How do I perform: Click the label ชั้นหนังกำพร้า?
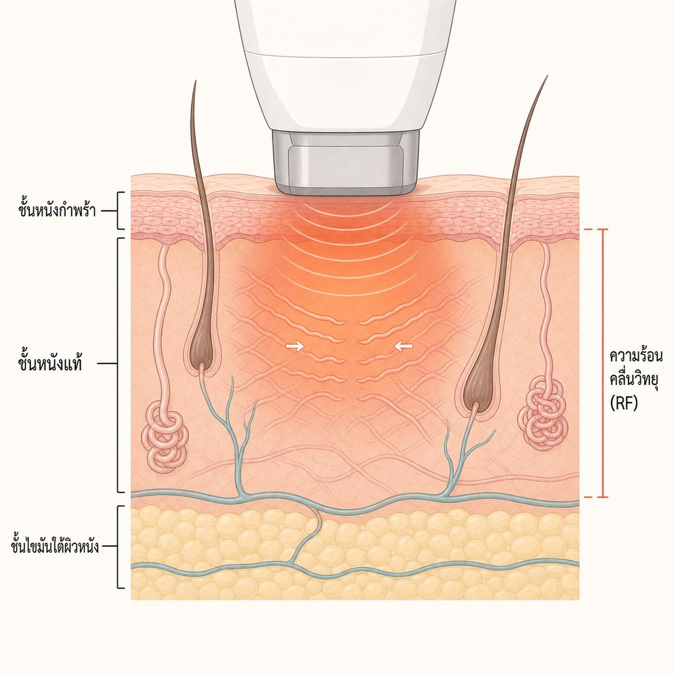pos(57,211)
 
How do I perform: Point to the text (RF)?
pos(623,404)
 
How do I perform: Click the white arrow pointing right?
pos(294,347)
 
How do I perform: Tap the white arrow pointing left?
pos(403,347)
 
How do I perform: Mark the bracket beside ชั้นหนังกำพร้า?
pos(120,211)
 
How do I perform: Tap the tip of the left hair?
pos(195,81)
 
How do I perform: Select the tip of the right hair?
pos(547,76)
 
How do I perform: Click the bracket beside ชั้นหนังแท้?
pos(120,366)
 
